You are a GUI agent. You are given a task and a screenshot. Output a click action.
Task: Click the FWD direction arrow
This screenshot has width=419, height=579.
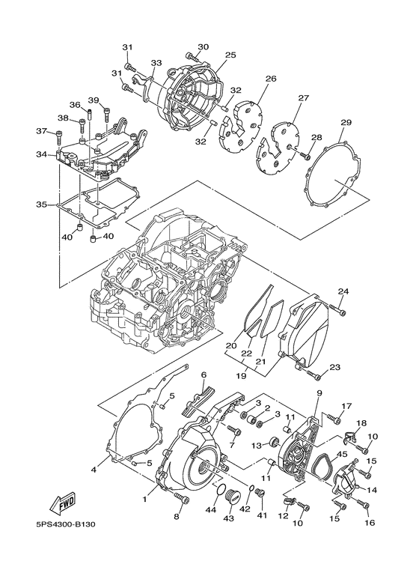click(63, 503)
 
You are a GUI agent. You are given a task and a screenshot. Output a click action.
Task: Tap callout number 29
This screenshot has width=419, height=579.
click(346, 122)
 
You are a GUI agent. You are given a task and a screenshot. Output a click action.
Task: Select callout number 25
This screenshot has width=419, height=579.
click(230, 55)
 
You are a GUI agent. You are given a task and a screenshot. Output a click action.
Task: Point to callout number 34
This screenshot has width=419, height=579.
click(42, 154)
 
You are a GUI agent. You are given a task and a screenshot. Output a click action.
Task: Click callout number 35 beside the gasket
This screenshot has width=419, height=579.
click(42, 204)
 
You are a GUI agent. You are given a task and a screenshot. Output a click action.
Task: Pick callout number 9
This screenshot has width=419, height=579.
click(319, 392)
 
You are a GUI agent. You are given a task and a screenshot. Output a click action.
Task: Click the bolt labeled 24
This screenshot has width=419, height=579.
click(337, 309)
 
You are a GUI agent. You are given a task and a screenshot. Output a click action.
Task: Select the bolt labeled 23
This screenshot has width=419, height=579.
click(314, 374)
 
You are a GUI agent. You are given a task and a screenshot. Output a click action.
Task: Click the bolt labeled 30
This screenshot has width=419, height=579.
click(193, 57)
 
